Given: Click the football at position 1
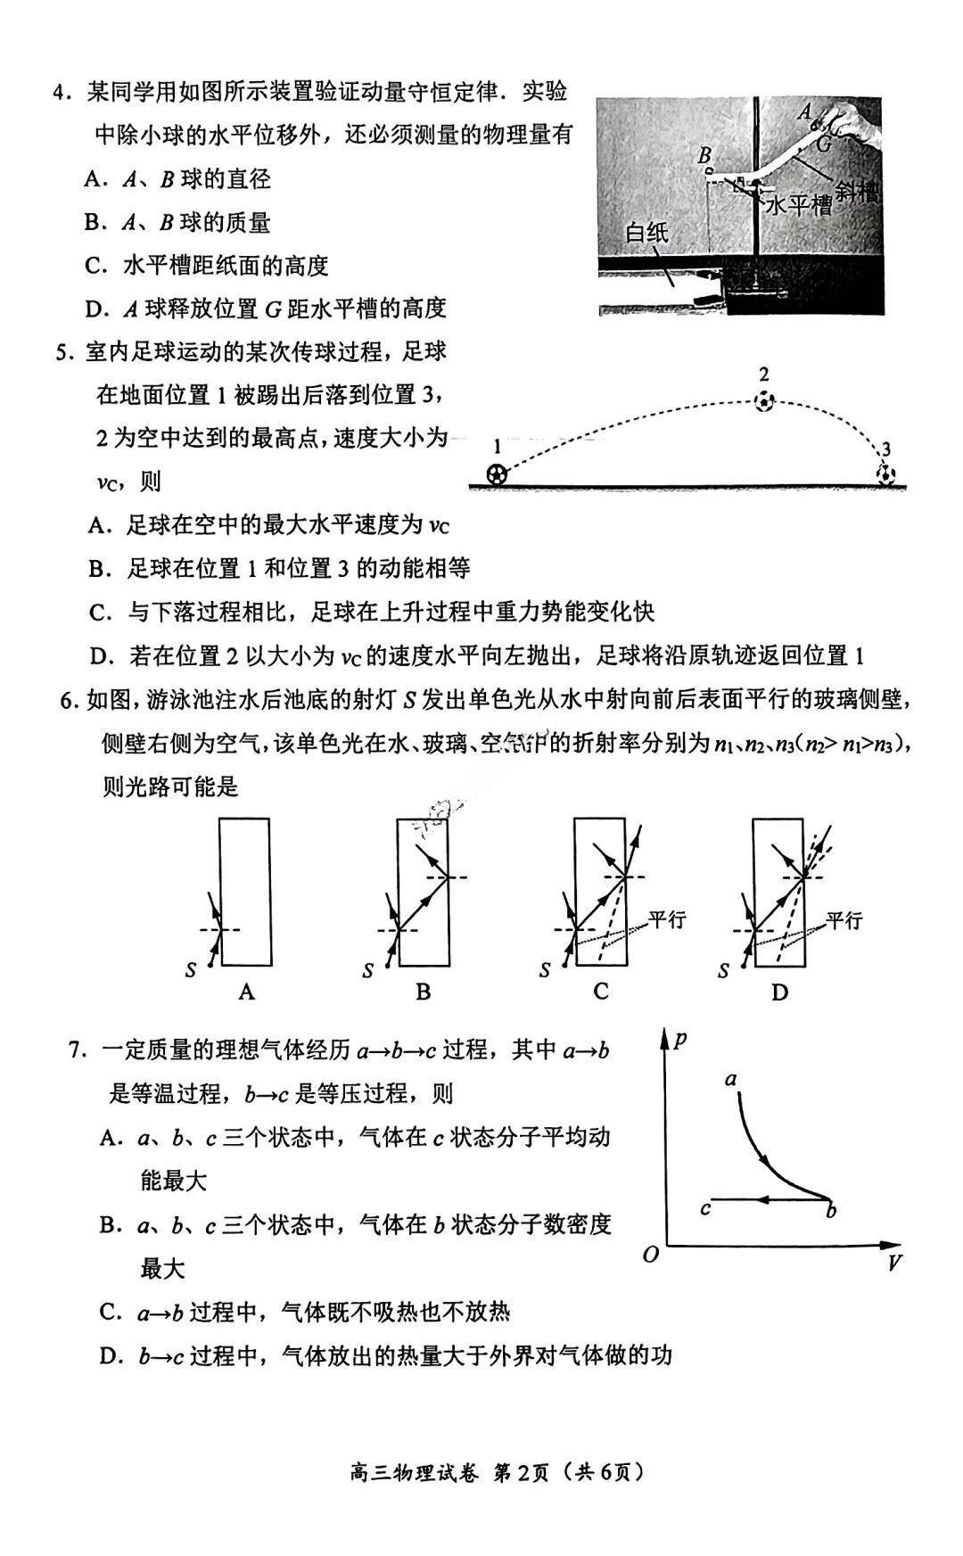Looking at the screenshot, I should (497, 473).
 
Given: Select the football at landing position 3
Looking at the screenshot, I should (885, 473).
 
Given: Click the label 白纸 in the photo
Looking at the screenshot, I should (646, 234).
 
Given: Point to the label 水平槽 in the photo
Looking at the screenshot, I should (799, 206).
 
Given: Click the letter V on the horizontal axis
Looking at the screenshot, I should (893, 1262).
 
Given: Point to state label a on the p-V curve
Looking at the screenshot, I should (731, 1080).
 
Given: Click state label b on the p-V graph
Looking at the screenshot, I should (831, 1211).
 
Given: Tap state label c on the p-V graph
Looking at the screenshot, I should (705, 1209).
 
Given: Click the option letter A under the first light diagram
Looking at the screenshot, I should (247, 992).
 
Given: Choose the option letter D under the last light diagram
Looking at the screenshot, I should (779, 992).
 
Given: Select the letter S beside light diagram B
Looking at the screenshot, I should (367, 971).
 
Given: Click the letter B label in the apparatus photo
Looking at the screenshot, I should (705, 153).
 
